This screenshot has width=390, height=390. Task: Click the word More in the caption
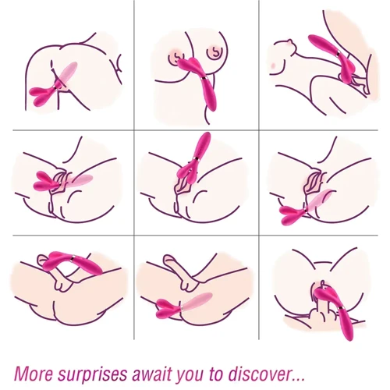pyautogui.click(x=33, y=374)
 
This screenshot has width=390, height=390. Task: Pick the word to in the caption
pyautogui.click(x=217, y=374)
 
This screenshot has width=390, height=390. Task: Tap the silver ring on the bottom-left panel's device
pyautogui.click(x=73, y=257)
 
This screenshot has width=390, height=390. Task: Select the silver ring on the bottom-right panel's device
pyautogui.click(x=341, y=309)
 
